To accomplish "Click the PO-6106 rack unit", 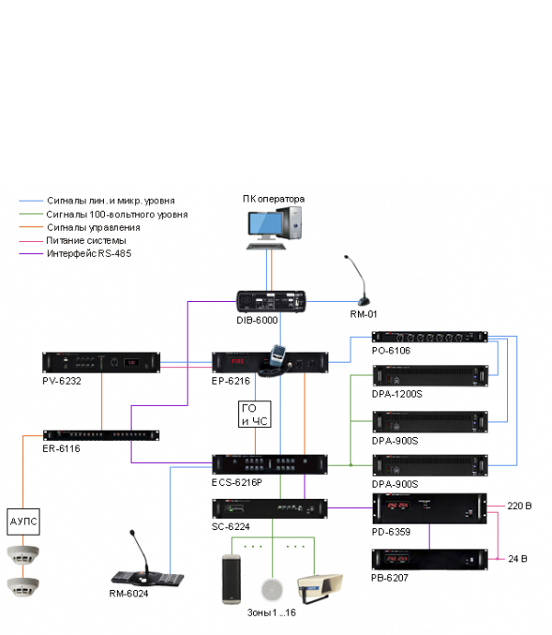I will (429, 338).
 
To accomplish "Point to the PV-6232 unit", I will (100, 363).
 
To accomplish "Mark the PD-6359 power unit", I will (429, 507).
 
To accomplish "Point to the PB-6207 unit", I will (429, 559).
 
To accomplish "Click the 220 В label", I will (520, 506).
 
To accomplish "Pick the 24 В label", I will (518, 558).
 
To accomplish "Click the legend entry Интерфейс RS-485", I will (89, 253).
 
